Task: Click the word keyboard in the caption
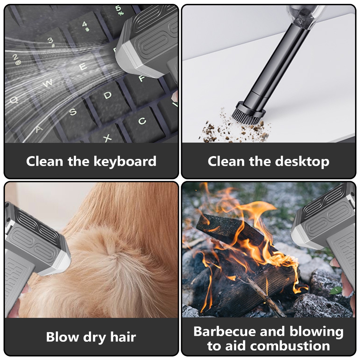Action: click(x=125, y=162)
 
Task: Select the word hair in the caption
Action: click(x=123, y=337)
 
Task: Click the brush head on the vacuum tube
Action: click(x=249, y=114)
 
